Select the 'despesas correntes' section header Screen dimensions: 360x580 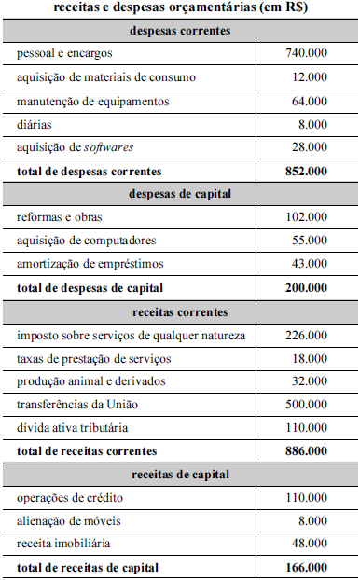(x=180, y=31)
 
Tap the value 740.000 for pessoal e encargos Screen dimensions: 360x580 (x=306, y=54)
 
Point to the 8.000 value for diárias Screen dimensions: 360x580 (x=312, y=124)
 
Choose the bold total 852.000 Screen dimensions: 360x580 (x=306, y=171)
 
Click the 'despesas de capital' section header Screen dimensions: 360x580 (x=180, y=194)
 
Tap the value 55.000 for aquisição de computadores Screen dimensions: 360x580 (x=309, y=241)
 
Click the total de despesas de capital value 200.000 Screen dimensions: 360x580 (x=306, y=287)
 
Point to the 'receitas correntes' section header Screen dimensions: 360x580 (x=180, y=311)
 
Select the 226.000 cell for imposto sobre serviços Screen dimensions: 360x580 (x=306, y=335)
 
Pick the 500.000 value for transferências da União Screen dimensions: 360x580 (x=306, y=405)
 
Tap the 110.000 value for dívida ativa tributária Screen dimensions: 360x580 (x=306, y=428)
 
